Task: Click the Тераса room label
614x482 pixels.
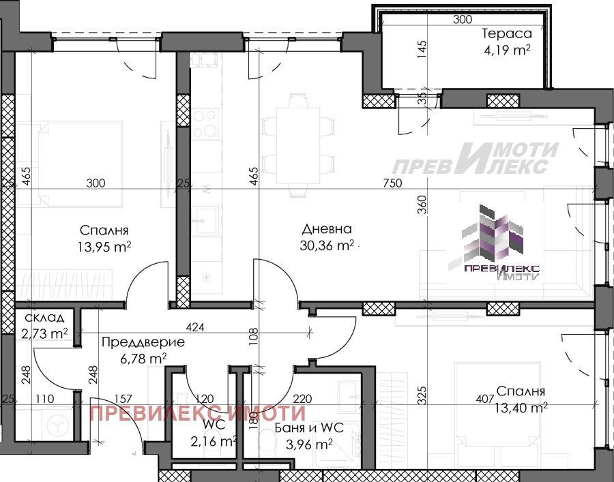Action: pos(507,33)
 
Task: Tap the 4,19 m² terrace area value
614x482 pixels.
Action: pos(508,50)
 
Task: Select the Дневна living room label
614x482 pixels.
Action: pos(327,229)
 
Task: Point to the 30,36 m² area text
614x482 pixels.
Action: pos(327,245)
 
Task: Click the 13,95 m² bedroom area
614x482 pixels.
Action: pos(104,247)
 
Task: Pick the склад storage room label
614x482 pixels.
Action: pos(44,317)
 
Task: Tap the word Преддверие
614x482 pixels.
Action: pos(143,342)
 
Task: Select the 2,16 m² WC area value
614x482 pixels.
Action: pos(214,441)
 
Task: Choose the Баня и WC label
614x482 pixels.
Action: pos(309,427)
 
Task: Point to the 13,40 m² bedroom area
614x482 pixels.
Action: pos(521,408)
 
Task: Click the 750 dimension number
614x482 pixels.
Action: pos(392,183)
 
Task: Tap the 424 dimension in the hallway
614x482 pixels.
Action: pos(194,327)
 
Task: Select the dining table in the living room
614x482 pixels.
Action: pos(298,145)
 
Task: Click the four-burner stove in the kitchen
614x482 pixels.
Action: pos(205,123)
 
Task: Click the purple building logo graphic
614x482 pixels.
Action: pos(493,242)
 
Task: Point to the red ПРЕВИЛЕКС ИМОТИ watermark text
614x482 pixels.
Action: pos(197,413)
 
